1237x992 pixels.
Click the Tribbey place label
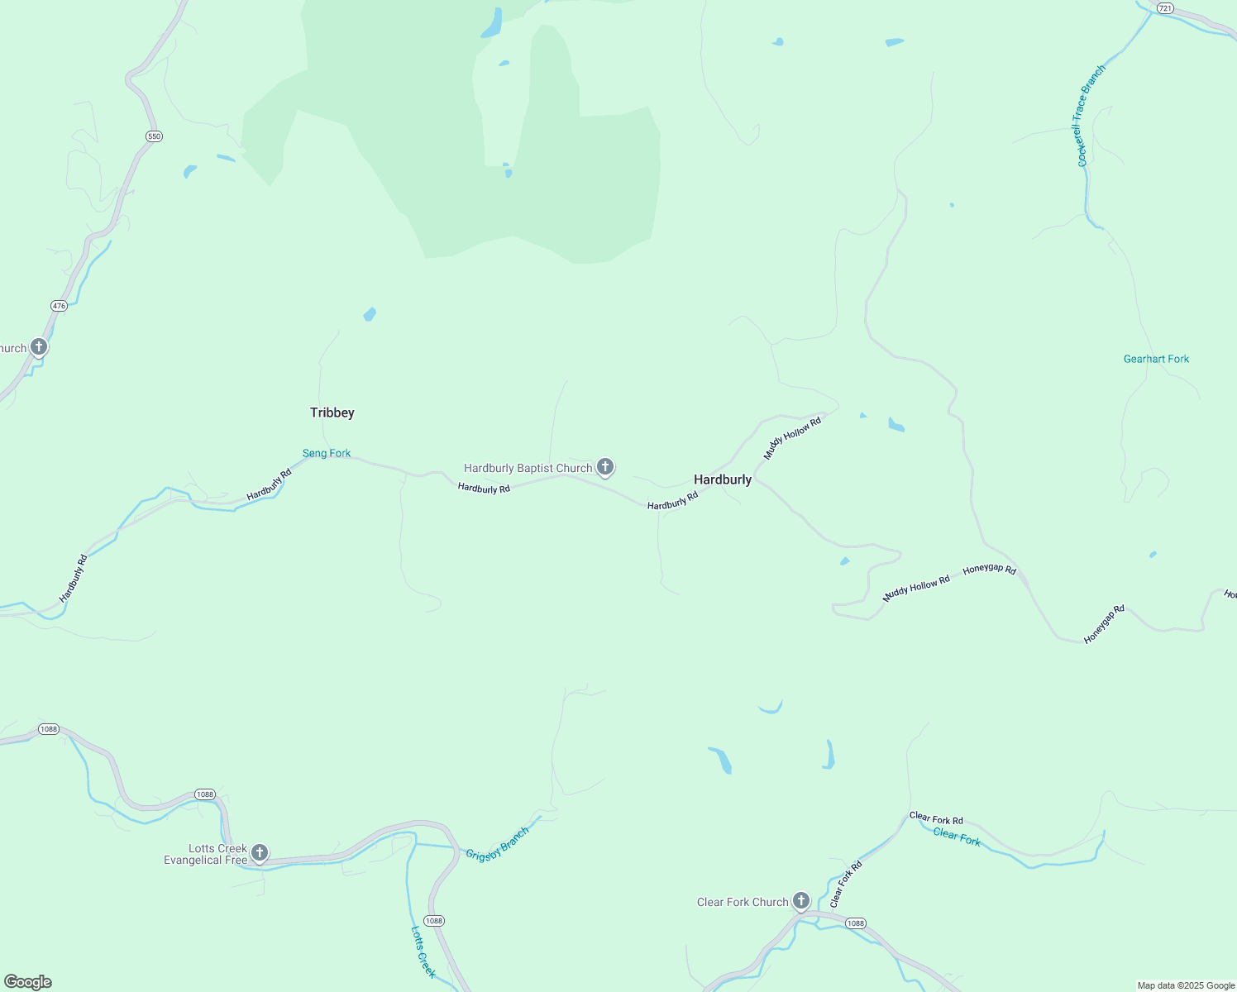(332, 413)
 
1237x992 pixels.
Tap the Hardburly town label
(722, 479)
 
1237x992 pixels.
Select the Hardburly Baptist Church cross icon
(605, 468)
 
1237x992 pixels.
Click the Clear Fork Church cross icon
(800, 901)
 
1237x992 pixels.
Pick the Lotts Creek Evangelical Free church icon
(260, 853)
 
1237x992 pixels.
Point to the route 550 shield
(153, 136)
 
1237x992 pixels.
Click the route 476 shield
(59, 306)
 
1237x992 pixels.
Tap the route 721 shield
(1165, 8)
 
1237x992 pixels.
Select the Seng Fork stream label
(326, 453)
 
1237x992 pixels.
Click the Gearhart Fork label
(1156, 359)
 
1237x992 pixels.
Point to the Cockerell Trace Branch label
(1091, 116)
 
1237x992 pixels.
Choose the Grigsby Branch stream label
(496, 844)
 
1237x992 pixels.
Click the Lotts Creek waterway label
(423, 951)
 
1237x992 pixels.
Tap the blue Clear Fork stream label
(957, 837)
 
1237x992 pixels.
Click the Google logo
(28, 982)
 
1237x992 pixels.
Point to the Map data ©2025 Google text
(1186, 985)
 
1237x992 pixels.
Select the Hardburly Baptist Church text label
(528, 468)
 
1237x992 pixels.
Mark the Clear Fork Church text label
(743, 902)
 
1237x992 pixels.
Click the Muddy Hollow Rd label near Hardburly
(792, 438)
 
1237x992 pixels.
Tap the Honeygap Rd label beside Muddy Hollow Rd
(989, 569)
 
